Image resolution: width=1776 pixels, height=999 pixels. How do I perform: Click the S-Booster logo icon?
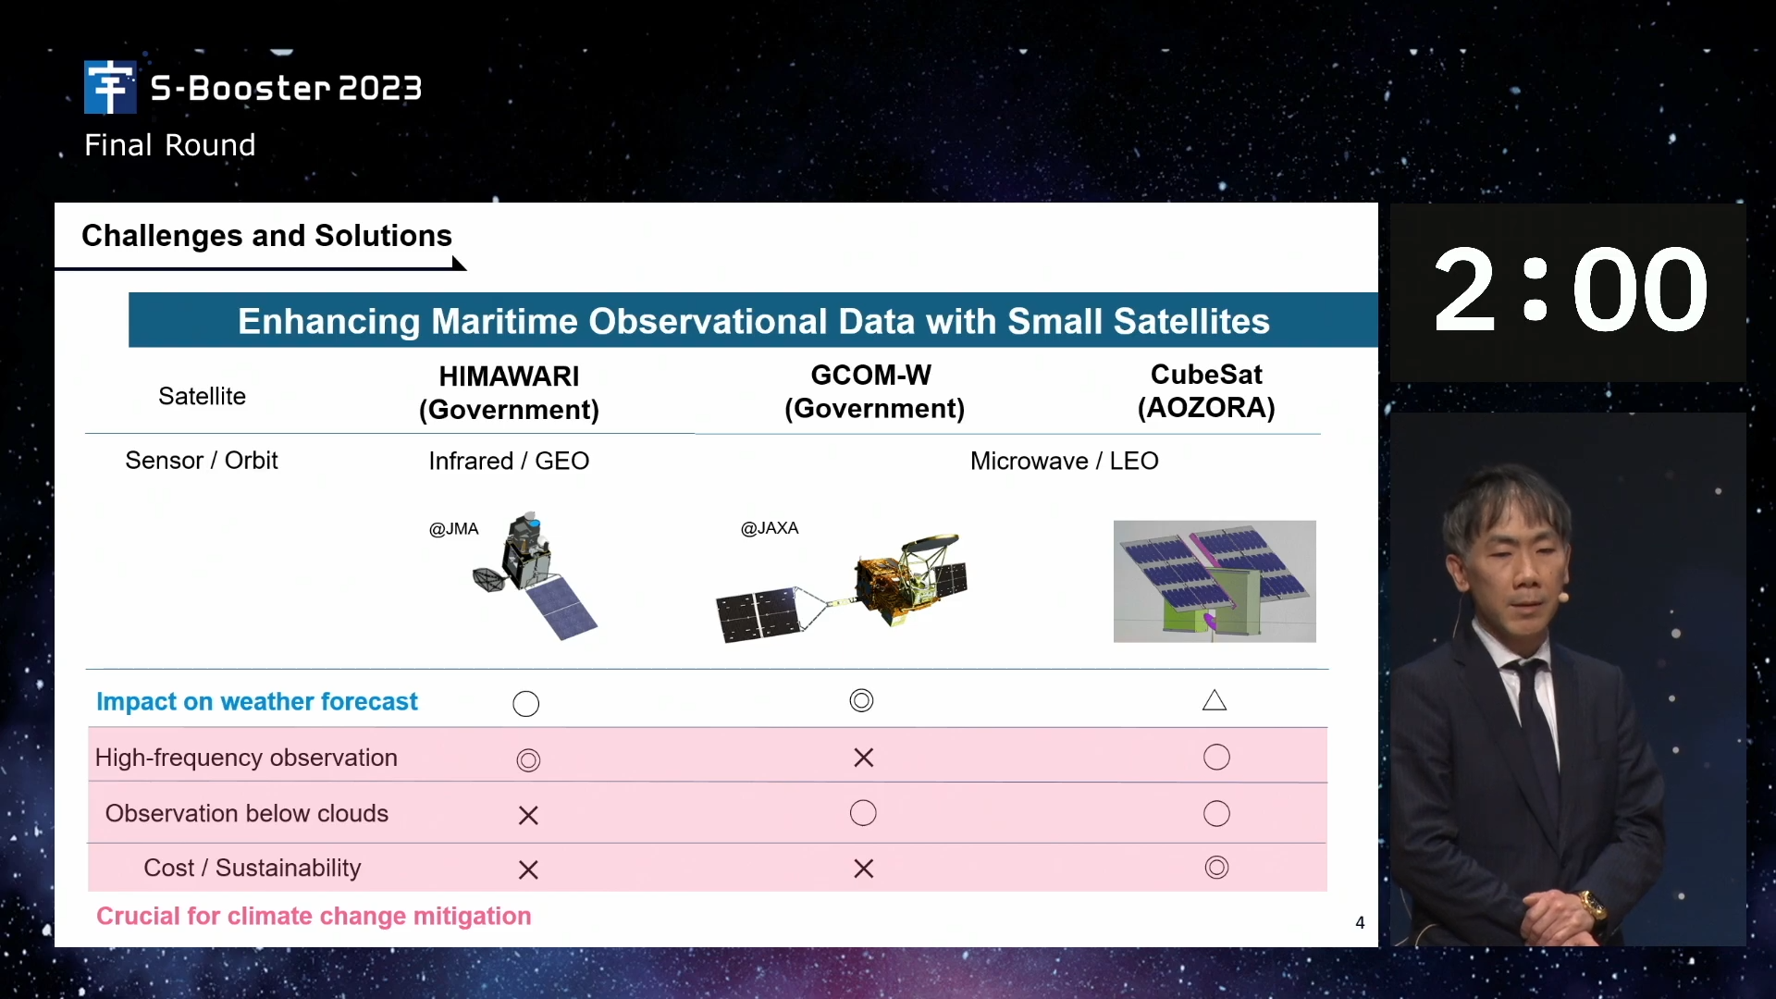point(110,87)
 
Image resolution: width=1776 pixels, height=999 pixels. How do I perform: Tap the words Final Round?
point(170,145)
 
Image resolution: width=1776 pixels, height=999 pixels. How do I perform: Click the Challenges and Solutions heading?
point(266,236)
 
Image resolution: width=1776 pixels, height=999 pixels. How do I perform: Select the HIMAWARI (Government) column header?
point(509,392)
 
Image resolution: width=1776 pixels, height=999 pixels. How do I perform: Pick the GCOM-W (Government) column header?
point(874,391)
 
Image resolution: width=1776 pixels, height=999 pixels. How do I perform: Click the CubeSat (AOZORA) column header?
point(1206,390)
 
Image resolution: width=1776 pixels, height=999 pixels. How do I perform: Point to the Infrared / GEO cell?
point(509,461)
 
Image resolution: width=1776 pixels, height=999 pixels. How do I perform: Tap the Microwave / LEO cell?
point(1064,461)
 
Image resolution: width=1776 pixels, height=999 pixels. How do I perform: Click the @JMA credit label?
point(453,529)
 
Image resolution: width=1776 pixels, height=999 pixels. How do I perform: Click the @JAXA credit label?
point(770,528)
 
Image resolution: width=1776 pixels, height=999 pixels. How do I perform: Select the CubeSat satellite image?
point(1215,581)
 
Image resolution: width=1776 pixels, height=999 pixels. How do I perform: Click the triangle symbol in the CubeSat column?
point(1215,700)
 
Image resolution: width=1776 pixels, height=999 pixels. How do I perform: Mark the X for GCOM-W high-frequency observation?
point(864,758)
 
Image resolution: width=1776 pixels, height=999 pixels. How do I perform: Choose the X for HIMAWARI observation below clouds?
point(528,815)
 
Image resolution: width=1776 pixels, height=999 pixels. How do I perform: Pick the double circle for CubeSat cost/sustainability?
point(1216,868)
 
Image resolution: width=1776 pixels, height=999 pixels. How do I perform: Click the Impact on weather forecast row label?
point(257,702)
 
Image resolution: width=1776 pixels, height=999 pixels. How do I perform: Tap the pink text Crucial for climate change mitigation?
point(314,916)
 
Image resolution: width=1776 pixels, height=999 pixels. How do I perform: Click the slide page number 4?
point(1360,922)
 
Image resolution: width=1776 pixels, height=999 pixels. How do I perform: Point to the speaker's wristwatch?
point(1593,902)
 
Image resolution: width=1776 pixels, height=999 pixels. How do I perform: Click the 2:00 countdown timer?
point(1569,290)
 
